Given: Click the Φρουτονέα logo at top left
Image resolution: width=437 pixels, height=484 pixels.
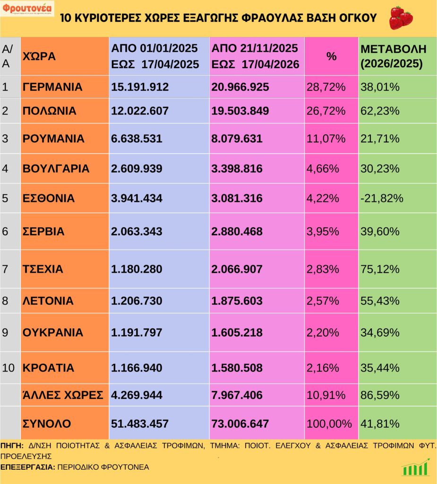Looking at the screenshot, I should (27, 9).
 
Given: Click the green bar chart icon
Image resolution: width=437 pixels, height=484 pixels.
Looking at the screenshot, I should (416, 467).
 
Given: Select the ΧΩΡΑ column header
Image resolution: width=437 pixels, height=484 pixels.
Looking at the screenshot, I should (39, 57).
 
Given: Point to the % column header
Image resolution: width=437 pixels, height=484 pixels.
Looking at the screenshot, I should (332, 57).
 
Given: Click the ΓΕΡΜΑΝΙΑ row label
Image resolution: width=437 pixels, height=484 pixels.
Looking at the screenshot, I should (52, 87).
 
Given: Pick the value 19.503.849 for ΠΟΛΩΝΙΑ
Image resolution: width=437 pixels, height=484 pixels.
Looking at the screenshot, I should (240, 111).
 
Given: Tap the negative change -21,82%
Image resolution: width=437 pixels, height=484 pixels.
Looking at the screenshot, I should (382, 198).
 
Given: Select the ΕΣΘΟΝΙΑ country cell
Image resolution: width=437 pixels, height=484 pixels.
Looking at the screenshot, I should (49, 198).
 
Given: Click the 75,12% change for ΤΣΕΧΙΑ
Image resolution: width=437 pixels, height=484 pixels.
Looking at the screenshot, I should (380, 269).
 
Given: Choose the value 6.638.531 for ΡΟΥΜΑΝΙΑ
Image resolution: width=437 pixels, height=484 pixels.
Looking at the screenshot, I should (137, 139).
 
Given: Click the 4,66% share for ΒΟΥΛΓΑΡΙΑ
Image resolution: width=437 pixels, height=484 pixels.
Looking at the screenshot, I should (323, 169).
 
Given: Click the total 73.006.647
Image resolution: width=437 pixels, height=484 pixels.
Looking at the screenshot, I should (240, 423).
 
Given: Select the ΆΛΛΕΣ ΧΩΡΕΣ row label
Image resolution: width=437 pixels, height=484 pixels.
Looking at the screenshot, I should (63, 395).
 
